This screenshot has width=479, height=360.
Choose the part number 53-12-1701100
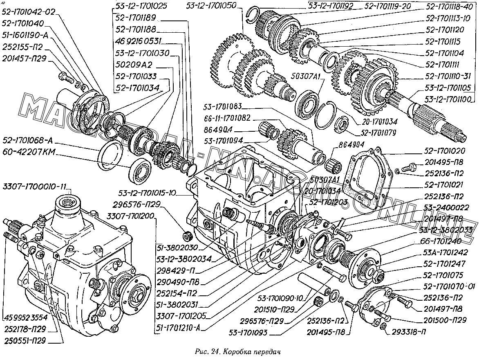[x=447, y=99]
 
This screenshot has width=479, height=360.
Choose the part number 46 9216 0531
[x=139, y=41]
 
